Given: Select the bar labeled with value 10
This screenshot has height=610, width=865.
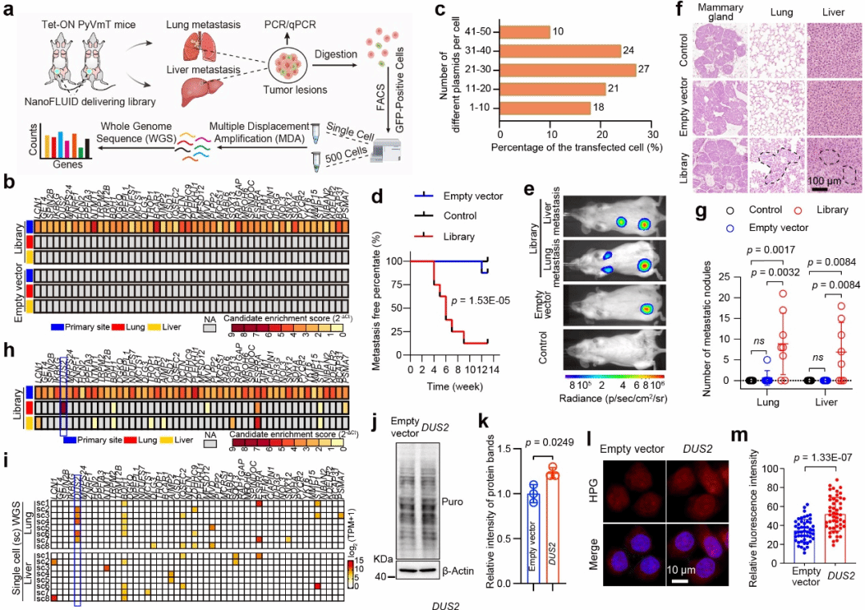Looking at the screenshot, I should pos(524,32).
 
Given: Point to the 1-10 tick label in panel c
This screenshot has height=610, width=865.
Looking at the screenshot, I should pos(483,107).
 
